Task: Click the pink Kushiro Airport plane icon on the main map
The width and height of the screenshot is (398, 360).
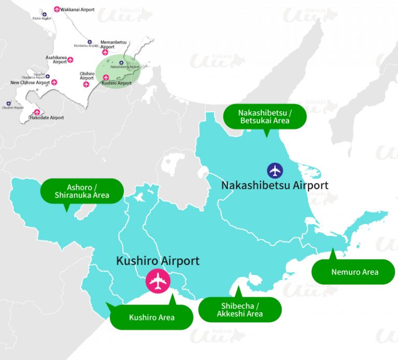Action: pos(158,281)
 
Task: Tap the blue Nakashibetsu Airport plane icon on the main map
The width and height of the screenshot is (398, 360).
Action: pos(275,170)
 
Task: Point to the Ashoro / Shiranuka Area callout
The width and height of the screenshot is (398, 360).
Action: pos(81,191)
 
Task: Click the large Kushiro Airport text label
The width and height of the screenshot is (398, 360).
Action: pos(158,260)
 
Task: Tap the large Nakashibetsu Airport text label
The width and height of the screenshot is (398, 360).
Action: pos(275,185)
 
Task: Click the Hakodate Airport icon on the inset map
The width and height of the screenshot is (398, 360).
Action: pos(37,112)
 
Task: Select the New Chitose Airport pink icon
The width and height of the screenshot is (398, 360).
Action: pos(54,82)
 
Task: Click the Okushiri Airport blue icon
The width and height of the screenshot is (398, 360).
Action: pos(8,103)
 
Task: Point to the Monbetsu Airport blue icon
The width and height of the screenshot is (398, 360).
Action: pos(90,41)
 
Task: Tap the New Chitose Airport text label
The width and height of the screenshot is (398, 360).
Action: pos(30,82)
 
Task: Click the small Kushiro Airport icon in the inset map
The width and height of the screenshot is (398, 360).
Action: pos(106,78)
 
